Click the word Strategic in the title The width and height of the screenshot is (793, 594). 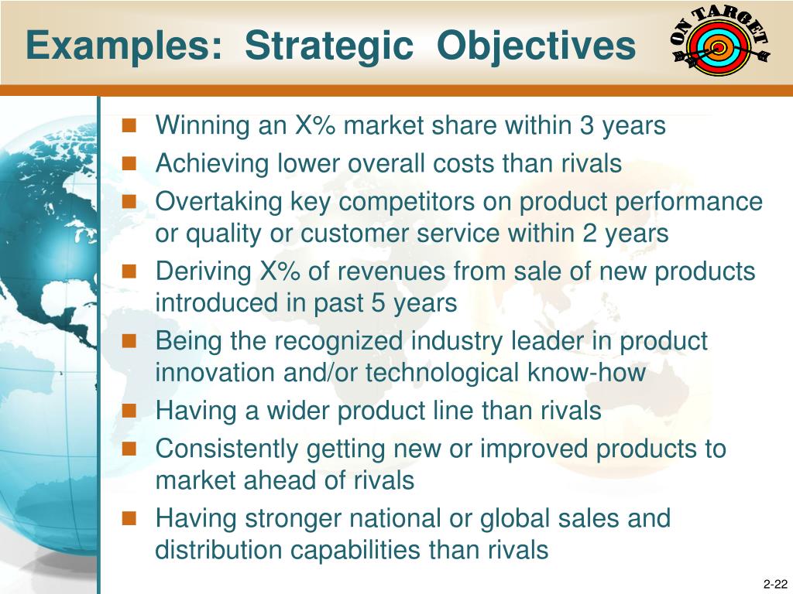(329, 46)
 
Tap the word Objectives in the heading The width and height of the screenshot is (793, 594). (536, 46)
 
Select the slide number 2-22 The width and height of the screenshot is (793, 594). (774, 584)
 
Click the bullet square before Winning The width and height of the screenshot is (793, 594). (129, 125)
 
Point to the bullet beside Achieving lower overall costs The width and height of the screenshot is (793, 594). (129, 163)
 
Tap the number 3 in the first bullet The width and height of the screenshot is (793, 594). (586, 125)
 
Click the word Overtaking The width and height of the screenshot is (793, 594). (218, 202)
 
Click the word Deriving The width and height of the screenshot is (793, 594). (204, 271)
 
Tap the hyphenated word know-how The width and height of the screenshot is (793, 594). (586, 372)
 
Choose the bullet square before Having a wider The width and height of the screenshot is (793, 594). (129, 410)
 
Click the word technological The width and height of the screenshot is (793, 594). (442, 372)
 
